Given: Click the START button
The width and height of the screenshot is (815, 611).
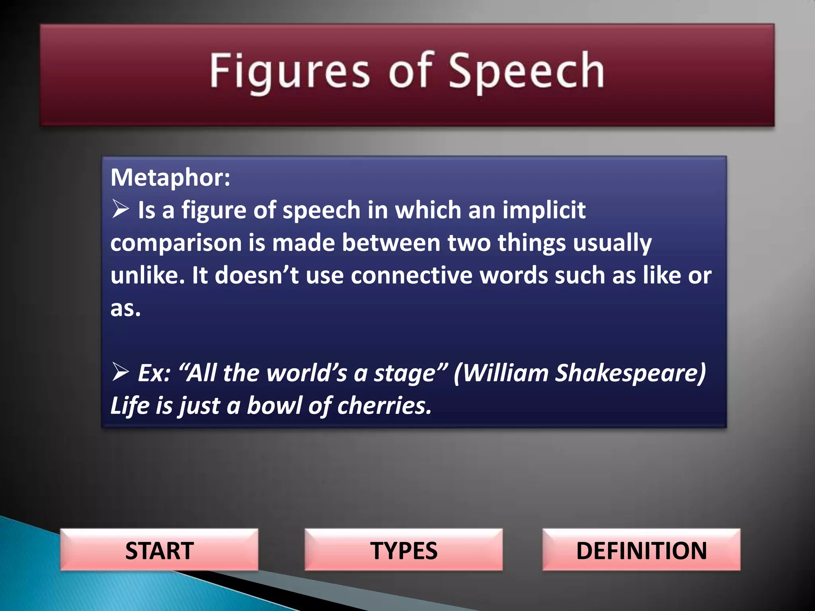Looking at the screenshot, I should pos(159,550).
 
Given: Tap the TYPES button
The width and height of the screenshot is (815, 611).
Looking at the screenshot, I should pos(404,550).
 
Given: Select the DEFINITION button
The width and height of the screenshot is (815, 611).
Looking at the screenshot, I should pos(641,550).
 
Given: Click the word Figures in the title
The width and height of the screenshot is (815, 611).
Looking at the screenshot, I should pos(290,72).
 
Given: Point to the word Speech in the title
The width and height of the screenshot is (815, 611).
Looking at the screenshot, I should pos(526,72).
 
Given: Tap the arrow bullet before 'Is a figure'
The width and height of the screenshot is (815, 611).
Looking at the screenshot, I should pos(120,209).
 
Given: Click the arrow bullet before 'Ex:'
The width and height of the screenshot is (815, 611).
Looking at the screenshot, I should pos(120,372).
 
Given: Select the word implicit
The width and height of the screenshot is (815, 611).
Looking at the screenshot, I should pos(544,210).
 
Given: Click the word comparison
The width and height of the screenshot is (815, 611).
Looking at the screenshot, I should pos(176,243).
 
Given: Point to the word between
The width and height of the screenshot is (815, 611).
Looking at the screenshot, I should pos(391,243).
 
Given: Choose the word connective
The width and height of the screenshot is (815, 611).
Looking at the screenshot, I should pos(411,275).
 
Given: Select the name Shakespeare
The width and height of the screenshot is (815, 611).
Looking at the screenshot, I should pos(630,373).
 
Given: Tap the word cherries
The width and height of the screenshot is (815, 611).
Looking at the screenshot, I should pos(384,406).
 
